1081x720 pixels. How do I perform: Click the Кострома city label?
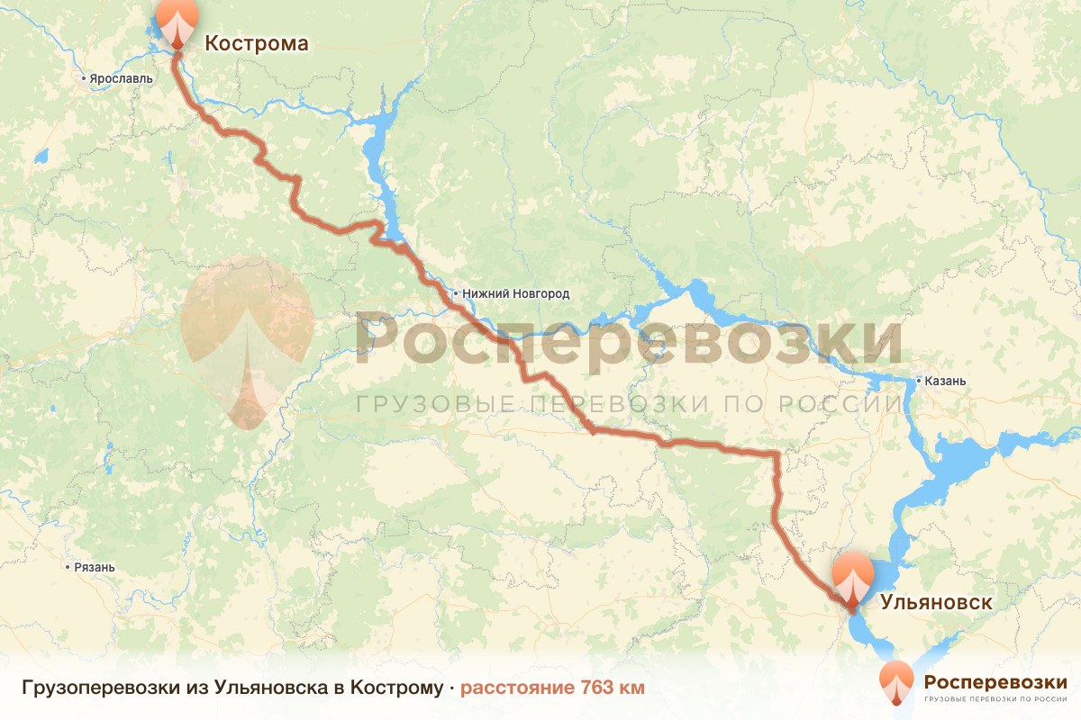pos(256,43)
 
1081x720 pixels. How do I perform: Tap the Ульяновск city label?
pos(936,602)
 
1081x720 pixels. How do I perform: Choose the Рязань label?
pos(95,568)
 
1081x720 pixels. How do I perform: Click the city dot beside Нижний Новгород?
pos(457,293)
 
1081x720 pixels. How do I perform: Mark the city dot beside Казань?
pos(918,381)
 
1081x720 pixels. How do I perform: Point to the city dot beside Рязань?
pos(68,568)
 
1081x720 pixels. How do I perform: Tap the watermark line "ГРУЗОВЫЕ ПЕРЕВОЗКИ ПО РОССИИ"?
pos(628,404)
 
